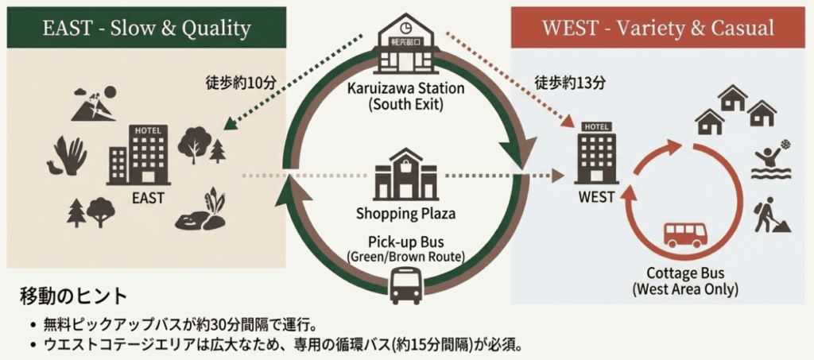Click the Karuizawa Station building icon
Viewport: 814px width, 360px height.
406,35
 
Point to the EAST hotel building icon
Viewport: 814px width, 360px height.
138,155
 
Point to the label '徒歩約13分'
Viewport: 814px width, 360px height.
569,81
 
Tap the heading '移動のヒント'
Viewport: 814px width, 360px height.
73,296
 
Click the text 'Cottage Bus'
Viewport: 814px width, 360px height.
684,273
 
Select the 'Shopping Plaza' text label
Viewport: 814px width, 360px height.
405,213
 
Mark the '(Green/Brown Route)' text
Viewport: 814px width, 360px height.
405,256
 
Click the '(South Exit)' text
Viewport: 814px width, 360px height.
405,103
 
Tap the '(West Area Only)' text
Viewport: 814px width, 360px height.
684,288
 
